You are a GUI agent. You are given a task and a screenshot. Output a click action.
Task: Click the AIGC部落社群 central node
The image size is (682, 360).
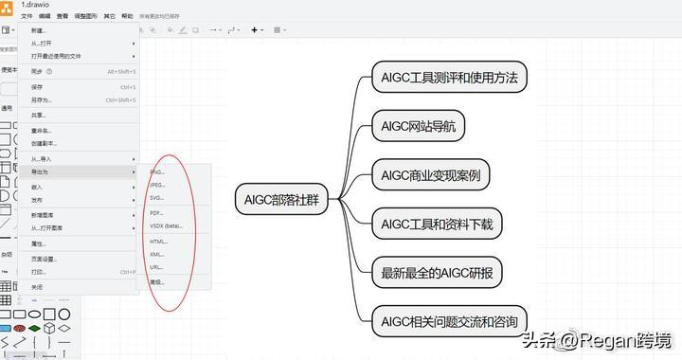280,199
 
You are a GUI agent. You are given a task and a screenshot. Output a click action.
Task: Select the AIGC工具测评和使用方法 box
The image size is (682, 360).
448,76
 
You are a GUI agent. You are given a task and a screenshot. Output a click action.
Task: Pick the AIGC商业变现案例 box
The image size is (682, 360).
430,175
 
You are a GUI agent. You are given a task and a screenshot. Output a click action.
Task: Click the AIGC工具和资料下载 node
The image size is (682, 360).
437,224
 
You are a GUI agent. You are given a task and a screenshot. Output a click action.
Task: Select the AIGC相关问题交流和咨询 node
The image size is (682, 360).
448,322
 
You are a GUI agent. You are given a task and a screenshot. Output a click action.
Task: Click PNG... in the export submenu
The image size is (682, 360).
157,171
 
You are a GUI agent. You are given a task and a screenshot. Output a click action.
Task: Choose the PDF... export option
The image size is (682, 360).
157,212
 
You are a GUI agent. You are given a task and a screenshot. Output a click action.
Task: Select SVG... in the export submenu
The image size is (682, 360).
157,198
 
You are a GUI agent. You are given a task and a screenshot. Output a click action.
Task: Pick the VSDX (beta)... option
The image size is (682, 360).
166,226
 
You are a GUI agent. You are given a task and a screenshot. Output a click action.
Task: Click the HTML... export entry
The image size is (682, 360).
158,242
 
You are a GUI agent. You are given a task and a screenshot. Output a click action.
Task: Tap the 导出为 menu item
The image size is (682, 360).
40,172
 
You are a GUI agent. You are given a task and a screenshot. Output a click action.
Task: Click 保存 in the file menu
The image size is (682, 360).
37,86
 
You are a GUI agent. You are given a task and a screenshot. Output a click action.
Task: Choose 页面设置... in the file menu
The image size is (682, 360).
44,259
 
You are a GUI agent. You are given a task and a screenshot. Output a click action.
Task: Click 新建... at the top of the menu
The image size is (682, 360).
38,30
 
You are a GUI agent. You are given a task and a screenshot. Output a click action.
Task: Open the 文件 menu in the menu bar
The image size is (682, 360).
27,16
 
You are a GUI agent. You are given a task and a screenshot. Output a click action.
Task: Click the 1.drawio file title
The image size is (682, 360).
35,5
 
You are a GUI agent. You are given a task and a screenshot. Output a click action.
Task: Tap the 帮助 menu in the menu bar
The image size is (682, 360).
127,16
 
